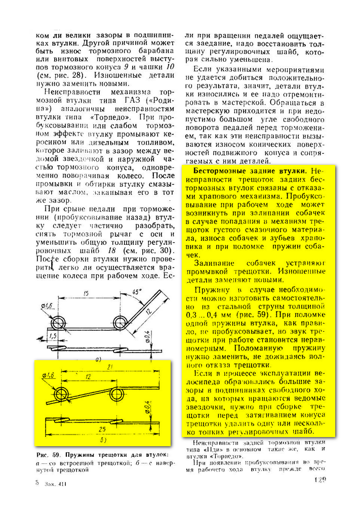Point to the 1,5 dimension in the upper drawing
[52, 335]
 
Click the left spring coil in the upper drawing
[60, 321]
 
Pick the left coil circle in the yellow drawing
[63, 394]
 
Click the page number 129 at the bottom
[320, 480]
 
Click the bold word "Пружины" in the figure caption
[81, 453]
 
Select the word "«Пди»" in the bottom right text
[213, 449]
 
